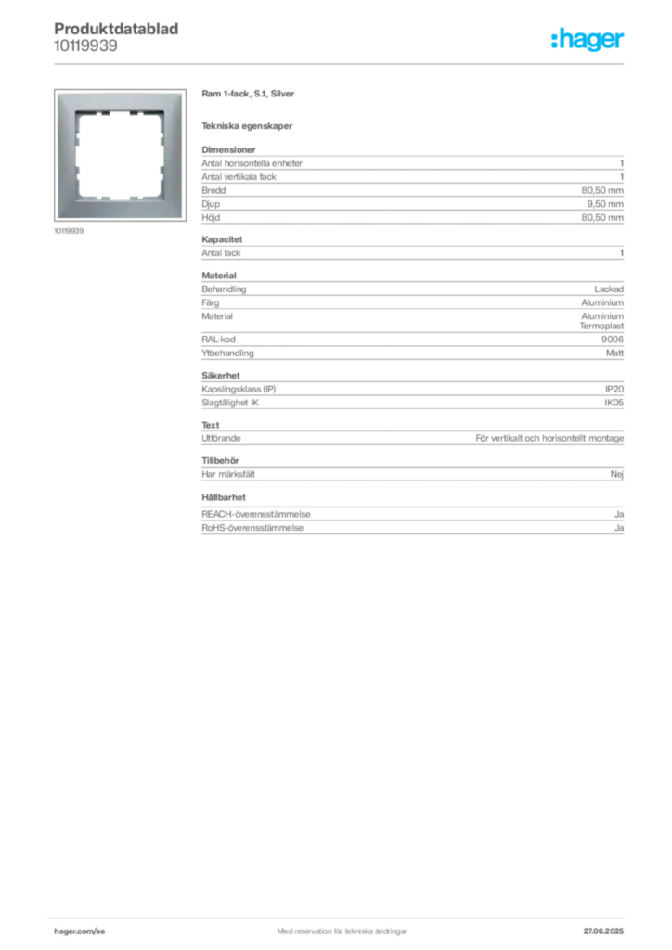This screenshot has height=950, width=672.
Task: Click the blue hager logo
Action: pyautogui.click(x=588, y=41)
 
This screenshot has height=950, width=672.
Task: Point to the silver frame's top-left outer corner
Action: pyautogui.click(x=56, y=92)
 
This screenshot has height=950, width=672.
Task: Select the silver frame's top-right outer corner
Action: pyautogui.click(x=183, y=92)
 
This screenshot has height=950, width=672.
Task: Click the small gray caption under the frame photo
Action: pyautogui.click(x=71, y=231)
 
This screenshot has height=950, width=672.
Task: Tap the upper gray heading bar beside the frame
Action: pyautogui.click(x=248, y=96)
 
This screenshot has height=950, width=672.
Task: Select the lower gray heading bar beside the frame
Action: pyautogui.click(x=248, y=126)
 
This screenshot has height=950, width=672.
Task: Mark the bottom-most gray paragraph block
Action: pyautogui.click(x=411, y=522)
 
